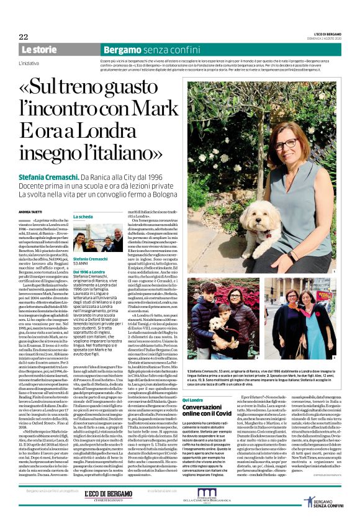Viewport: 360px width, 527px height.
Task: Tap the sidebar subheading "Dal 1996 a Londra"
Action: point(88,272)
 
